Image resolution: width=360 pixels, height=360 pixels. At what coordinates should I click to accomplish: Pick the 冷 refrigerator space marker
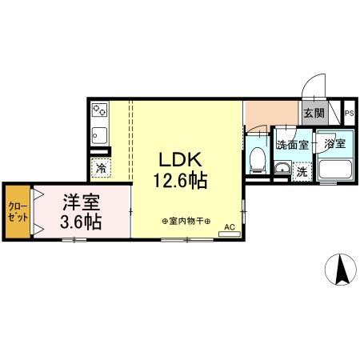click(x=102, y=168)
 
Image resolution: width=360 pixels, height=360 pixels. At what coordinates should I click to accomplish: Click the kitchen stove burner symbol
click(x=100, y=110)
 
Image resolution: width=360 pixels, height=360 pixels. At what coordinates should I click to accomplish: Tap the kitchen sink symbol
click(x=100, y=134)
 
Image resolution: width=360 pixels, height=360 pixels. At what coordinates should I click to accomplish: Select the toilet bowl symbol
click(x=257, y=161)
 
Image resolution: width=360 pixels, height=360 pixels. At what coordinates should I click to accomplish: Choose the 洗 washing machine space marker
click(x=302, y=171)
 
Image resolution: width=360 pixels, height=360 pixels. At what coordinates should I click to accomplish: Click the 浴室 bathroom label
click(x=334, y=145)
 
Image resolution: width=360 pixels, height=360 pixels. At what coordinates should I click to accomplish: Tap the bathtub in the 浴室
click(x=334, y=170)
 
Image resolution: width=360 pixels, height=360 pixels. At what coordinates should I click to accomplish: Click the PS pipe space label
click(x=349, y=114)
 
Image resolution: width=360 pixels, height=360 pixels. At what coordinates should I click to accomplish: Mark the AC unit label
click(x=230, y=227)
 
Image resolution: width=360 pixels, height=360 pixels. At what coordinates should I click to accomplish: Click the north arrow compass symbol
click(x=339, y=269)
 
